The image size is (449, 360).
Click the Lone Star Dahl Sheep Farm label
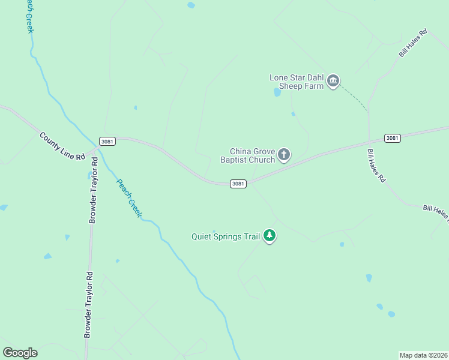pos(297,82)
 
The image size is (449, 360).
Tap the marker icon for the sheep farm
pos(334,81)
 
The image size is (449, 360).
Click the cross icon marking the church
pos(284,155)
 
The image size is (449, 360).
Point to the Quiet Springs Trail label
pos(225,236)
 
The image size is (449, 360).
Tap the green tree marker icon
pos(270,236)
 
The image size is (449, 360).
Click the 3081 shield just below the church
pos(238,184)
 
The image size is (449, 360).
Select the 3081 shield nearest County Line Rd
pos(107,142)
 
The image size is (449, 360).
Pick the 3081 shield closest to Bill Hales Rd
pos(392,138)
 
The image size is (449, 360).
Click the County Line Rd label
pos(63,146)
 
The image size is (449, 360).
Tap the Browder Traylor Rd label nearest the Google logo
pos(88,304)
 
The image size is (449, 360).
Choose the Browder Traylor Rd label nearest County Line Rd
pos(93,191)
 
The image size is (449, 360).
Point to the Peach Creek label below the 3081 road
pos(128,199)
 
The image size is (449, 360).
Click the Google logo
pos(20,353)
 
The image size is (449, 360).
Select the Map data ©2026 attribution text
pos(423,355)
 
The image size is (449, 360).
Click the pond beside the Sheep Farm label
pos(277,92)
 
